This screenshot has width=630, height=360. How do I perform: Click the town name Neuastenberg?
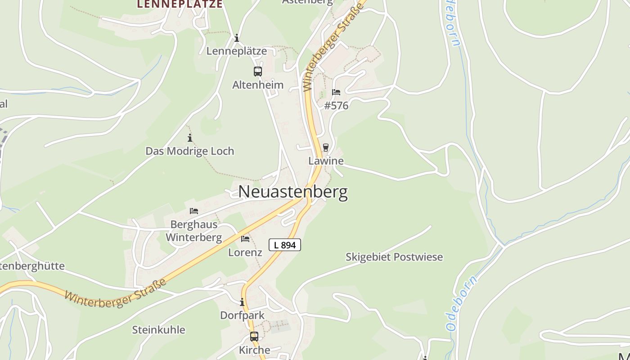tap(292, 192)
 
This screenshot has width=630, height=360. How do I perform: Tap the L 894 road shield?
tap(284, 245)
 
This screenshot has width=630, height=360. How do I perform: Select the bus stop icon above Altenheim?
tap(258, 71)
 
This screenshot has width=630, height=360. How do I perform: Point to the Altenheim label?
tap(258, 85)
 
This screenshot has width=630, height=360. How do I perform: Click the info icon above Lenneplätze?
tap(237, 38)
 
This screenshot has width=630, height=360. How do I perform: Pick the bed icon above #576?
tap(336, 92)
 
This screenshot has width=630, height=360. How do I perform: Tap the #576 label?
tap(336, 106)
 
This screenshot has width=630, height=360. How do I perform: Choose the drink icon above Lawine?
tap(326, 147)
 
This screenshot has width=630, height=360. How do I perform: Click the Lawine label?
tap(326, 161)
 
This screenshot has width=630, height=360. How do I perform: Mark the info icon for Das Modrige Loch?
tap(190, 138)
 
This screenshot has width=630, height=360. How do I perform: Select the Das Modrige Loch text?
tap(190, 151)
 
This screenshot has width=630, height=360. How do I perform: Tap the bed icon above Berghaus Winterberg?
tap(194, 211)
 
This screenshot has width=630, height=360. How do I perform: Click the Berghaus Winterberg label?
tap(194, 231)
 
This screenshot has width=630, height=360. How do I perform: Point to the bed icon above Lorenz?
tap(245, 238)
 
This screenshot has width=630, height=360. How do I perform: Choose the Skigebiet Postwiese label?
tap(394, 257)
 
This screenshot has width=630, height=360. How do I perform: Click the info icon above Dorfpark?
tap(242, 302)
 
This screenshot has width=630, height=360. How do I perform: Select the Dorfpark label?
tap(242, 315)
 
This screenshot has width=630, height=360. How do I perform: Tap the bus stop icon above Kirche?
tap(254, 336)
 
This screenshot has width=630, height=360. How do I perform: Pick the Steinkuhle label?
tap(158, 330)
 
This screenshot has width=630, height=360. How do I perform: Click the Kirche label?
tap(254, 350)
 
